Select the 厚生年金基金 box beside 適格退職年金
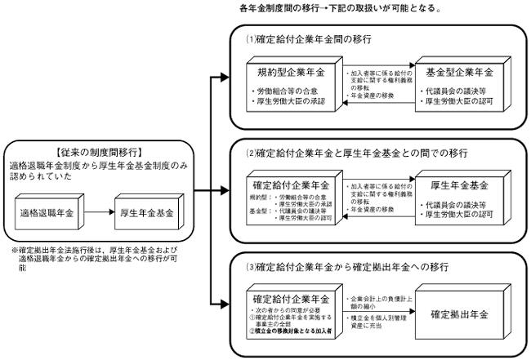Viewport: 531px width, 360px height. click(x=148, y=213)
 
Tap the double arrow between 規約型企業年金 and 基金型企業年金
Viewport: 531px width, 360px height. click(x=373, y=81)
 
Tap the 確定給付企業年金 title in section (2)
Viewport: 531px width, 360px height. click(x=291, y=184)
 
